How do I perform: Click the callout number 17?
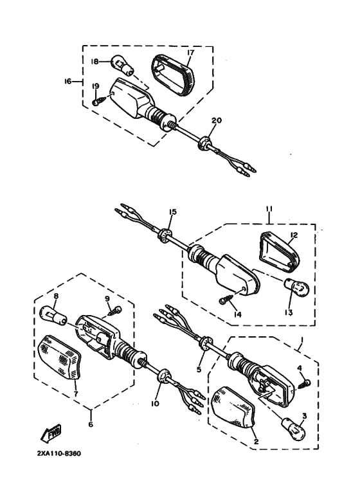(191, 53)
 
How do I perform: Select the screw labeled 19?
(99, 102)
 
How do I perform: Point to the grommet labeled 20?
(205, 143)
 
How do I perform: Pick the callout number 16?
(67, 82)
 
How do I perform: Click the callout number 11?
(269, 210)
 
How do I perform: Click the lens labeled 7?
(59, 357)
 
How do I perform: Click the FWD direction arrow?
(51, 433)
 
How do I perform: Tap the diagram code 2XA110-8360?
(59, 453)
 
